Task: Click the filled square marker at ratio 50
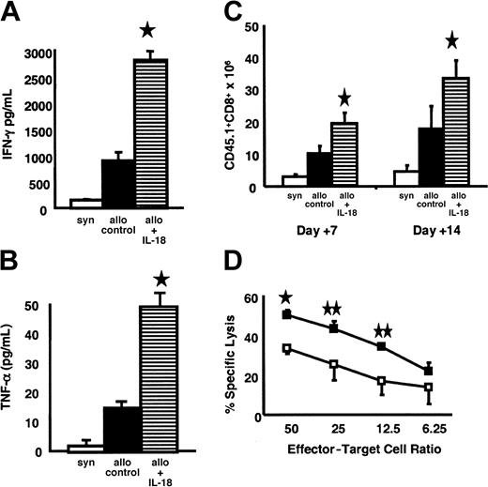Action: tap(288, 313)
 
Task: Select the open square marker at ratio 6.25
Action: tap(455, 387)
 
